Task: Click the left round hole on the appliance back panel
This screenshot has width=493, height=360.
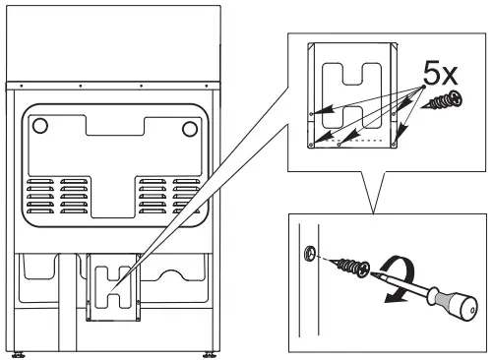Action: click(x=39, y=126)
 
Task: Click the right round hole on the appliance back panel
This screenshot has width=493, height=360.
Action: click(x=189, y=128)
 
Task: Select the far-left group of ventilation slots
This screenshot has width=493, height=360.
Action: click(x=41, y=196)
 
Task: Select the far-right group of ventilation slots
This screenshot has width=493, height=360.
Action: click(x=186, y=196)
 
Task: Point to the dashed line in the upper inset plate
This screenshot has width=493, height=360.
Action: click(x=363, y=142)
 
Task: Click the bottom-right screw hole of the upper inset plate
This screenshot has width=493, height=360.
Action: click(x=395, y=145)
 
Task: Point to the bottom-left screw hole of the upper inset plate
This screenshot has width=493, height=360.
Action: click(x=311, y=145)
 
